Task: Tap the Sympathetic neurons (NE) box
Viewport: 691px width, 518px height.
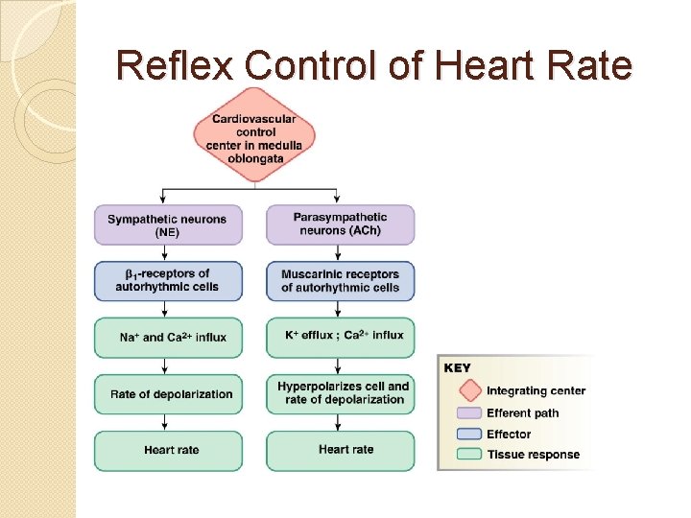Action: [x=168, y=224]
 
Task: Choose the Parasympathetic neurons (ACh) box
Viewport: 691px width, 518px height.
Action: [x=340, y=224]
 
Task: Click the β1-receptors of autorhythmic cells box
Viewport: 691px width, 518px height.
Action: [x=168, y=280]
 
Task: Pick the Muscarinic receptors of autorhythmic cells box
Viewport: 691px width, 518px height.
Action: [x=340, y=280]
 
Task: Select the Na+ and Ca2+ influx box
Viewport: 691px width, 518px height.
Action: [x=168, y=338]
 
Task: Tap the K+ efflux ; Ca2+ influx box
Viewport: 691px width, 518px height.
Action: [x=340, y=338]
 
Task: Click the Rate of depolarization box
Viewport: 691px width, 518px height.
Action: [x=168, y=393]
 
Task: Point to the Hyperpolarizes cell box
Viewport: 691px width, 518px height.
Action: [x=340, y=393]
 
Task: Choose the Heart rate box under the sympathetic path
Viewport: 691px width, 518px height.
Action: [x=168, y=450]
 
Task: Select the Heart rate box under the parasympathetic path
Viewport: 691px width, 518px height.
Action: [x=340, y=450]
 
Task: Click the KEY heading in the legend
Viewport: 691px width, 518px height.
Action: [x=458, y=368]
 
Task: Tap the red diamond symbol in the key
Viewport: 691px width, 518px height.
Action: [x=469, y=390]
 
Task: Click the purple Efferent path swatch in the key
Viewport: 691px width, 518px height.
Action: [x=469, y=413]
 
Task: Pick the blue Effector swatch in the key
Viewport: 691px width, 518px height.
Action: [x=469, y=435]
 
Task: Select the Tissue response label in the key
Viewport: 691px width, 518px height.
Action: [x=533, y=455]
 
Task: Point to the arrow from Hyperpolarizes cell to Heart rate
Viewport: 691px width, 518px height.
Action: [x=340, y=422]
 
